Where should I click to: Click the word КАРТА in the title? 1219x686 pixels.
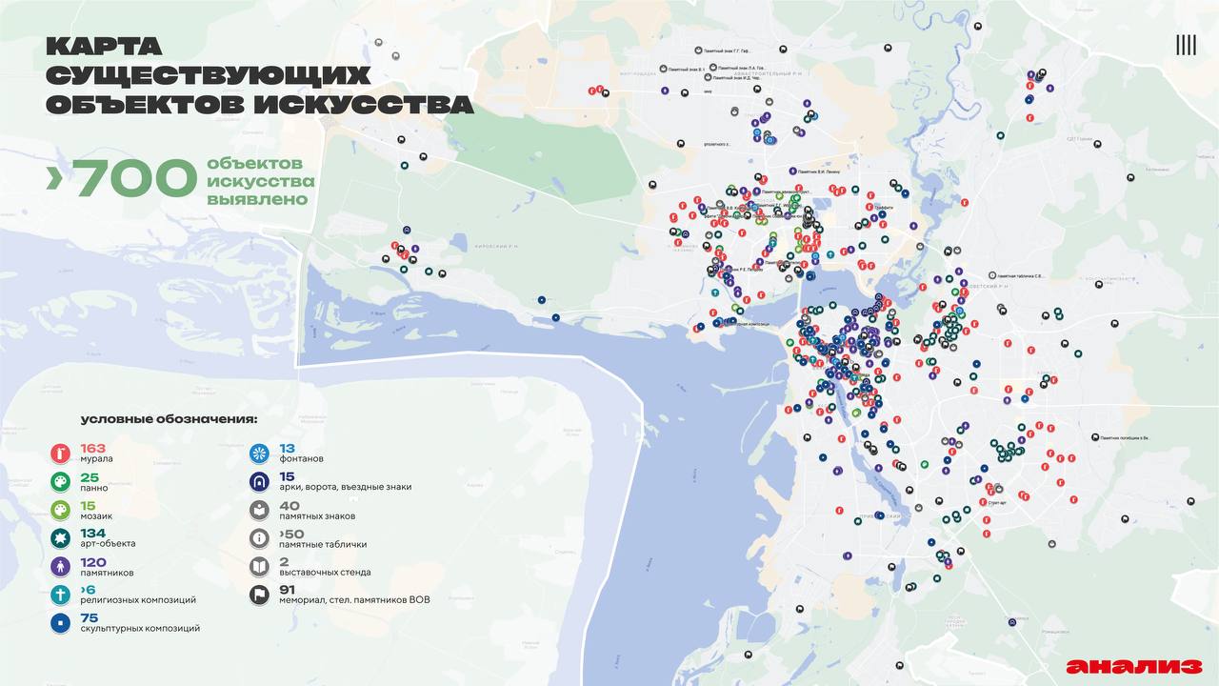[104, 46]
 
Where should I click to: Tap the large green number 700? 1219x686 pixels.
[133, 178]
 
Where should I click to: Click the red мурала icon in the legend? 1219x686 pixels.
[61, 454]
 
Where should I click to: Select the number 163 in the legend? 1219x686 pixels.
[93, 448]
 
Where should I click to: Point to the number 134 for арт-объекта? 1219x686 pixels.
[93, 532]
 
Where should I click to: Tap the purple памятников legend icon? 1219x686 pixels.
[61, 567]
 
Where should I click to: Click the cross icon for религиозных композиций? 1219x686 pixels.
[61, 595]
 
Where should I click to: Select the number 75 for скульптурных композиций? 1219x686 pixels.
[90, 616]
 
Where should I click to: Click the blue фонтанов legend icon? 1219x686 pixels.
[259, 454]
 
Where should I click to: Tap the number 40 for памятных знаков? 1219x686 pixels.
[290, 505]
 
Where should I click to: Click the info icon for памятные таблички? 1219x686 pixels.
[259, 539]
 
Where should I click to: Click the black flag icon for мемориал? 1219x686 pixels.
[259, 595]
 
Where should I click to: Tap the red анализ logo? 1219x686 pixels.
[1133, 666]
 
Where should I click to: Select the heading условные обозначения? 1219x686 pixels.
[169, 418]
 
